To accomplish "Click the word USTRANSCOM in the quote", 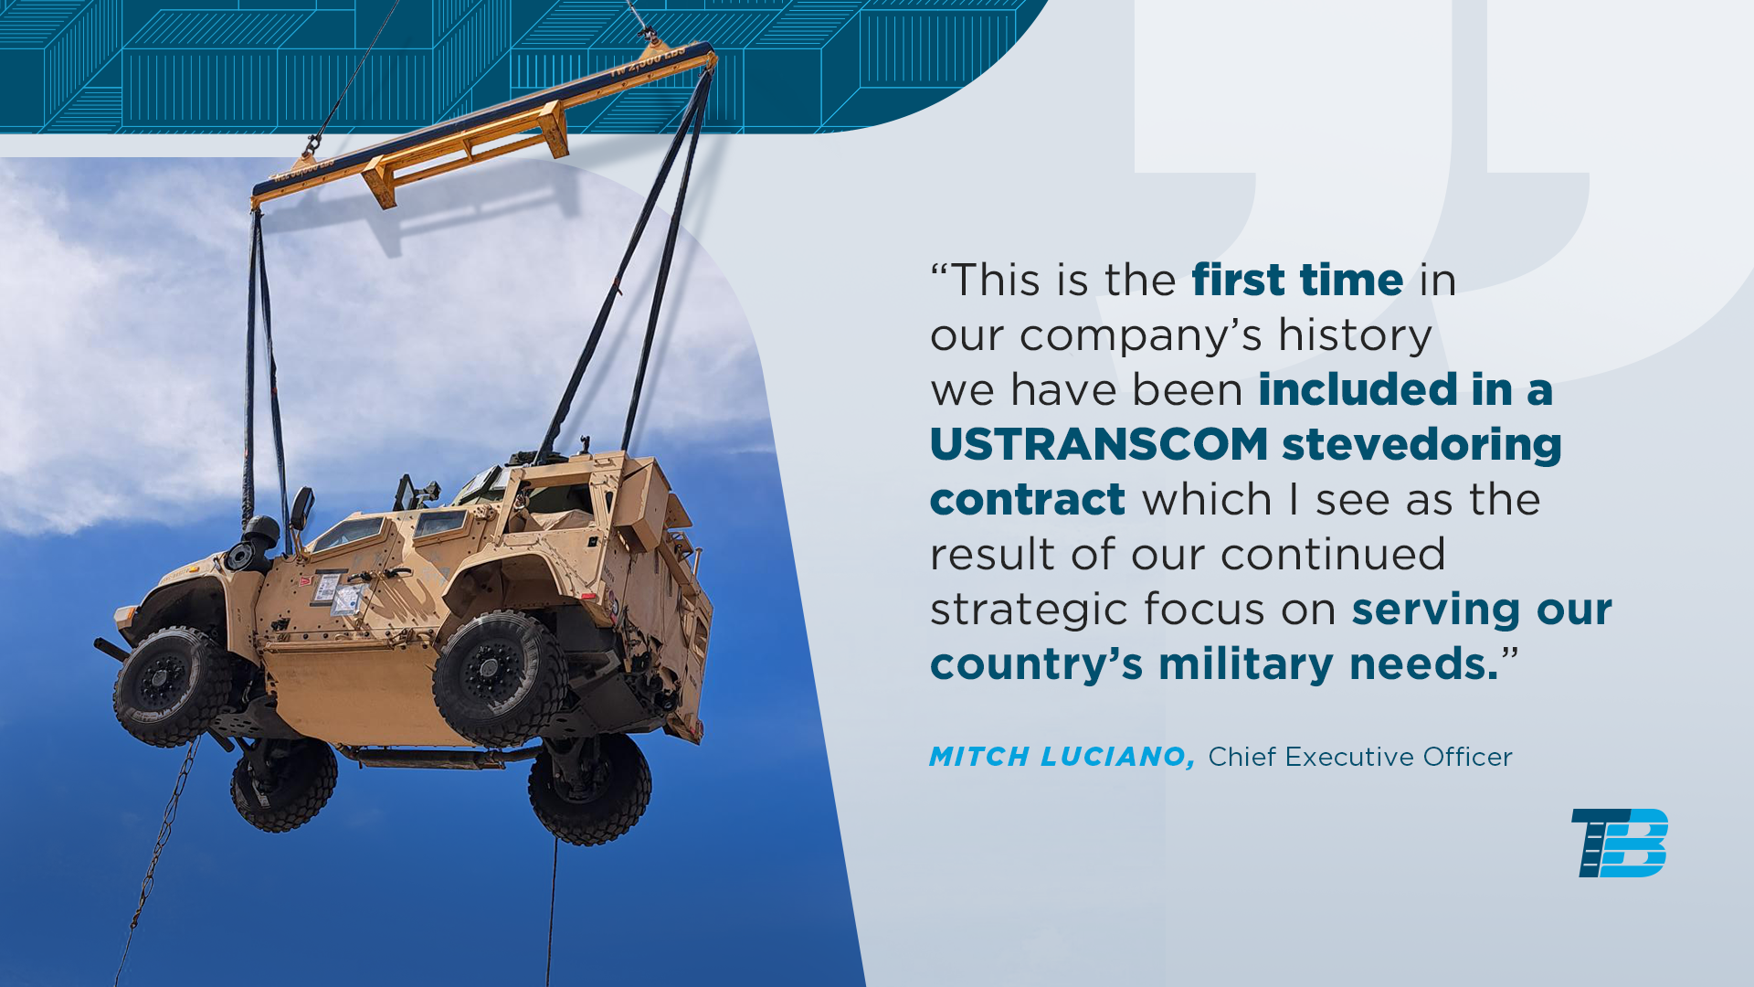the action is (1099, 445).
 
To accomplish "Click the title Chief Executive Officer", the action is (1360, 757).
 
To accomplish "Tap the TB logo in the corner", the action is (1620, 843).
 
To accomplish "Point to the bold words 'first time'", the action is (1297, 280).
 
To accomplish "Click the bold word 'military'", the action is (1246, 665).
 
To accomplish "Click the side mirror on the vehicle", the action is (301, 508).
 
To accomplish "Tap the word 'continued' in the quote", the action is (1333, 555).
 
